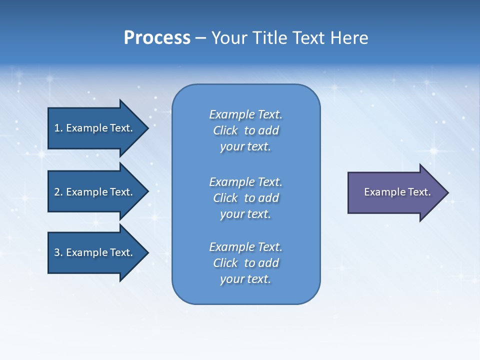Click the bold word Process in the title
[x=157, y=38]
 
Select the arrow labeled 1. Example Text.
[x=95, y=128]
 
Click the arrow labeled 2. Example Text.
[x=95, y=192]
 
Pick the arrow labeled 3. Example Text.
[x=95, y=252]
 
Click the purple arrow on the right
[x=395, y=192]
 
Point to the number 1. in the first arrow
[x=58, y=128]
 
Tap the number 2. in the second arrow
[x=58, y=192]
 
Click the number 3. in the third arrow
[x=58, y=252]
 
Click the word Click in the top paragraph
[x=225, y=130]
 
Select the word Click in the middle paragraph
[x=225, y=198]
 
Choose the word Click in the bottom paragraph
[x=225, y=263]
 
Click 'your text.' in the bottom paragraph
[x=245, y=279]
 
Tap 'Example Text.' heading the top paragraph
[x=245, y=114]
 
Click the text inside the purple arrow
[x=397, y=192]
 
